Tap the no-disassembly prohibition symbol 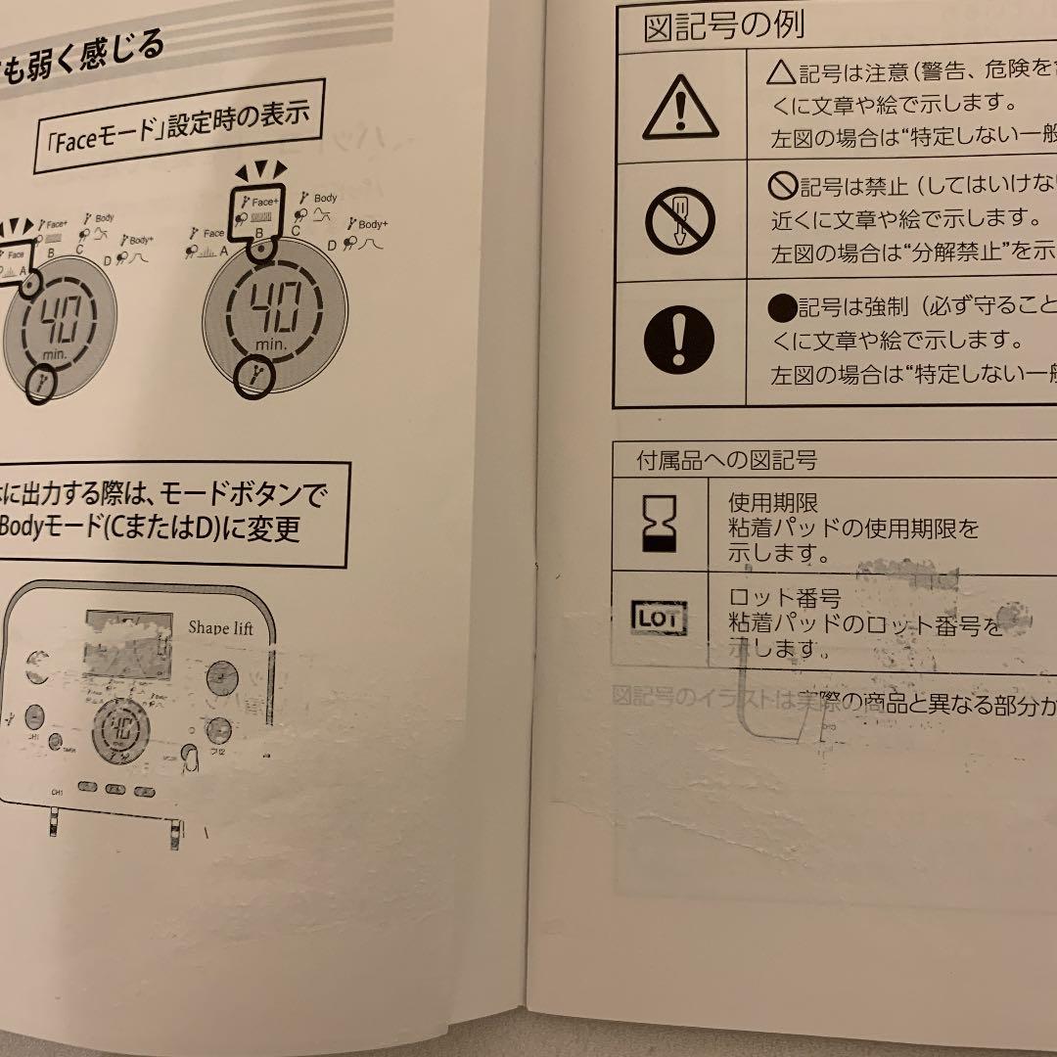[x=679, y=221]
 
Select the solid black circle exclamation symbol [x=679, y=338]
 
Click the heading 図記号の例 [x=723, y=25]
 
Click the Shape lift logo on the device [x=220, y=627]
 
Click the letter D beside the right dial [x=332, y=246]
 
